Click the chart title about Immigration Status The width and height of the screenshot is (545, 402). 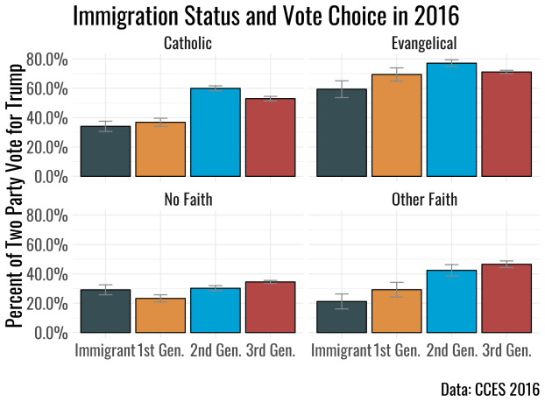[x=265, y=17]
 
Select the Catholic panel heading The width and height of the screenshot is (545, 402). [x=188, y=43]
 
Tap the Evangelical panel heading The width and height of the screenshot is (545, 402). [x=424, y=43]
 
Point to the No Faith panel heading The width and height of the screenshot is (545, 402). [x=188, y=201]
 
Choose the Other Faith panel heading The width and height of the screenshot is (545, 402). [x=424, y=201]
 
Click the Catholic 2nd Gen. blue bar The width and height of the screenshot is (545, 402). [x=215, y=132]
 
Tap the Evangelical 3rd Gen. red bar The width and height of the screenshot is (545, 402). [x=506, y=123]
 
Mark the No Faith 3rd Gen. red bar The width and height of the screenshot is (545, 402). [x=269, y=307]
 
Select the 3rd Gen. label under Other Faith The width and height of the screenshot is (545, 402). [x=506, y=351]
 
